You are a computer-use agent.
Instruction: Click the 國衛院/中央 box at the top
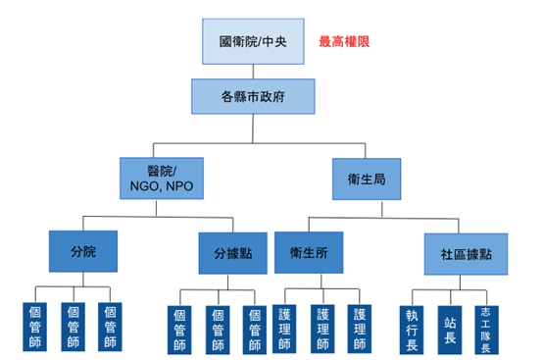pos(254,42)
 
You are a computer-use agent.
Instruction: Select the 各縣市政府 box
pos(253,97)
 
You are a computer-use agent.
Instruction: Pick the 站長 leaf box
pos(450,327)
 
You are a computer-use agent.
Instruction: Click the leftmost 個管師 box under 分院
pos(32,326)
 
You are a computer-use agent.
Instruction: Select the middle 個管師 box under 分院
pos(72,326)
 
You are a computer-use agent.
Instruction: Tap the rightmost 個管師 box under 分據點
pos(254,329)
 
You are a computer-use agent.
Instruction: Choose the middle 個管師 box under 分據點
pos(217,329)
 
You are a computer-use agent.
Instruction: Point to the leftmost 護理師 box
pos(284,329)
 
